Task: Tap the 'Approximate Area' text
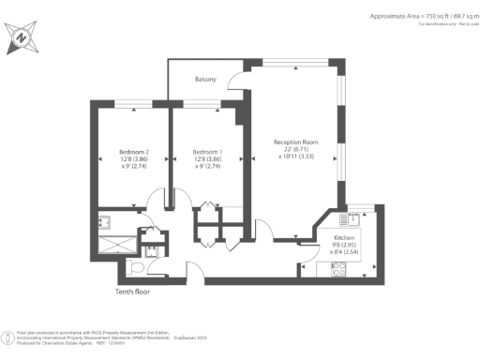[418, 17]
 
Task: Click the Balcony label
[206, 80]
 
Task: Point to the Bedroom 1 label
[207, 152]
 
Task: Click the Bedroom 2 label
[134, 152]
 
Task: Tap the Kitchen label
[345, 241]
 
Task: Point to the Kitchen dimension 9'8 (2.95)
[345, 247]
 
